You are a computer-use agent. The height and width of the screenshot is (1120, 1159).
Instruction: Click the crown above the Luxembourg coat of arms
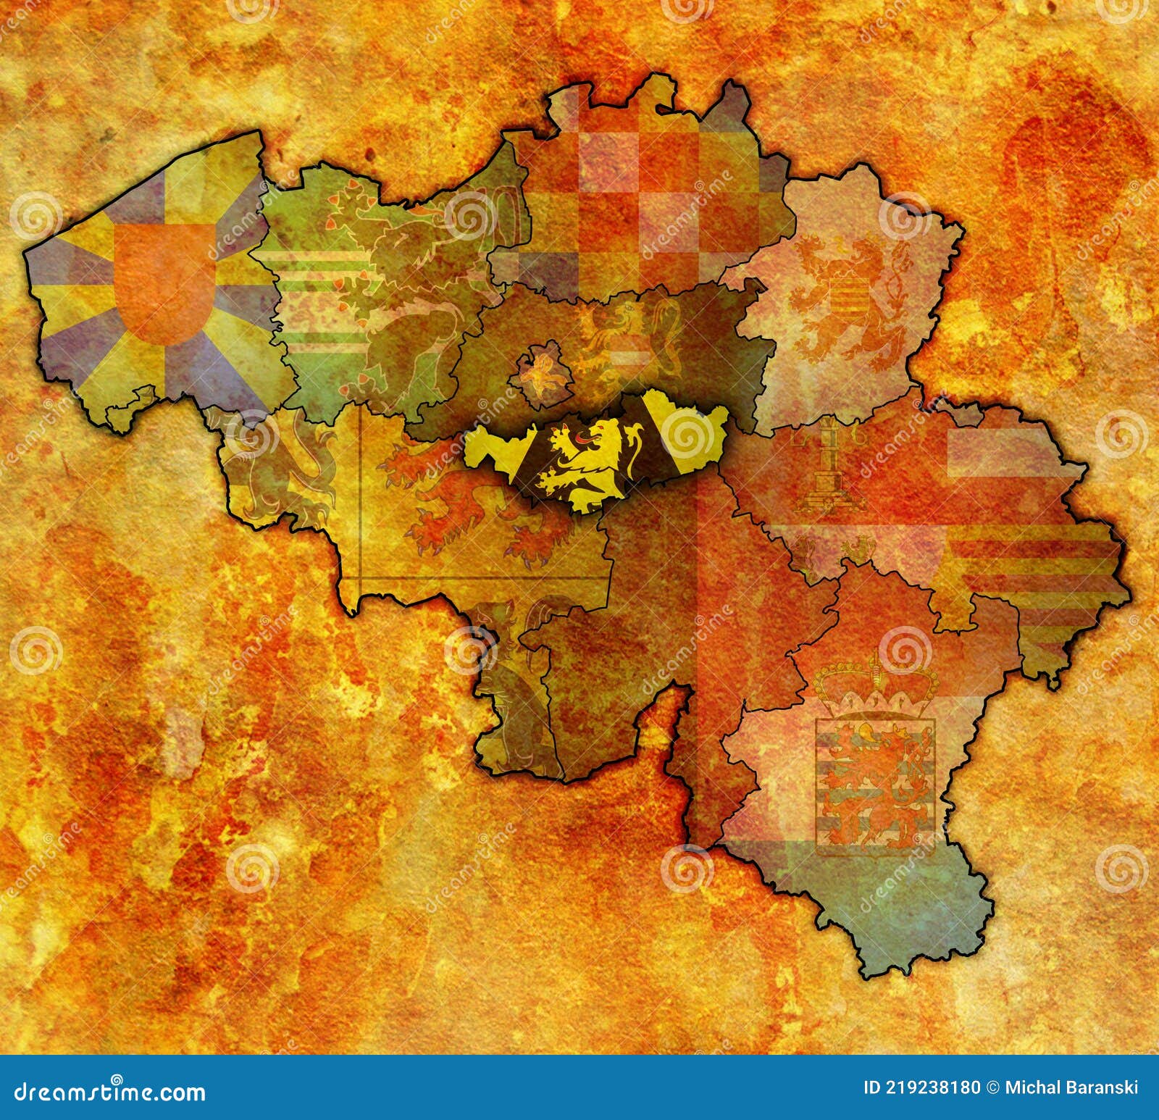tap(876, 685)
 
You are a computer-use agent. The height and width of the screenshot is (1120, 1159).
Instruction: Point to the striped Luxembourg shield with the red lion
tap(875, 775)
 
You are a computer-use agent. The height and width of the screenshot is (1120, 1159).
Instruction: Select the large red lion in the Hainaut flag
tap(464, 500)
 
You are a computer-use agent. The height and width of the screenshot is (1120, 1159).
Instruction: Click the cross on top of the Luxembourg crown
tap(875, 658)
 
